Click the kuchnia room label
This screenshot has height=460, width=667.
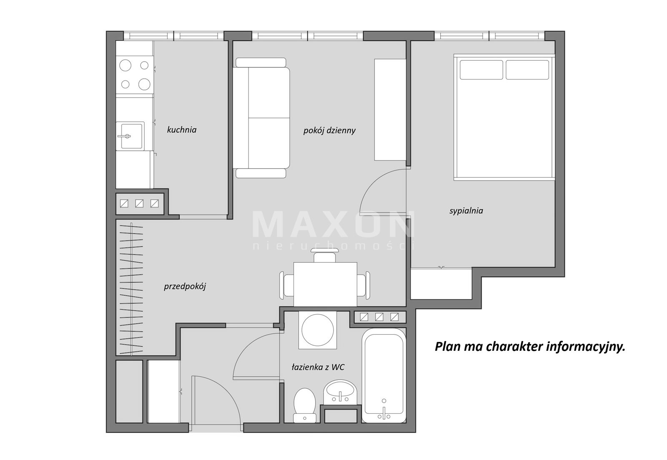click(x=182, y=130)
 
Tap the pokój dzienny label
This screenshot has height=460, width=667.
click(x=329, y=130)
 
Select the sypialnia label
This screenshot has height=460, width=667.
click(x=466, y=211)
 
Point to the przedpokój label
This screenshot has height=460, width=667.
click(x=185, y=287)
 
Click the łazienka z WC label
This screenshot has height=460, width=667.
click(x=318, y=367)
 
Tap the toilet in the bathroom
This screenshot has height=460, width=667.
click(x=305, y=405)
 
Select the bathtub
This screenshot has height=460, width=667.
click(x=384, y=375)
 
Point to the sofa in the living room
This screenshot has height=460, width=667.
click(x=261, y=118)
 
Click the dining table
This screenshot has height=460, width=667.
click(x=325, y=284)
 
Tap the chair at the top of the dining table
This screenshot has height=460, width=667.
click(x=325, y=255)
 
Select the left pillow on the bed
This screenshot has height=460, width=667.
click(x=481, y=70)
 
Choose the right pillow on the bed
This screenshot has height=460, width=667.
click(x=527, y=70)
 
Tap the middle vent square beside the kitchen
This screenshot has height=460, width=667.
click(x=139, y=203)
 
